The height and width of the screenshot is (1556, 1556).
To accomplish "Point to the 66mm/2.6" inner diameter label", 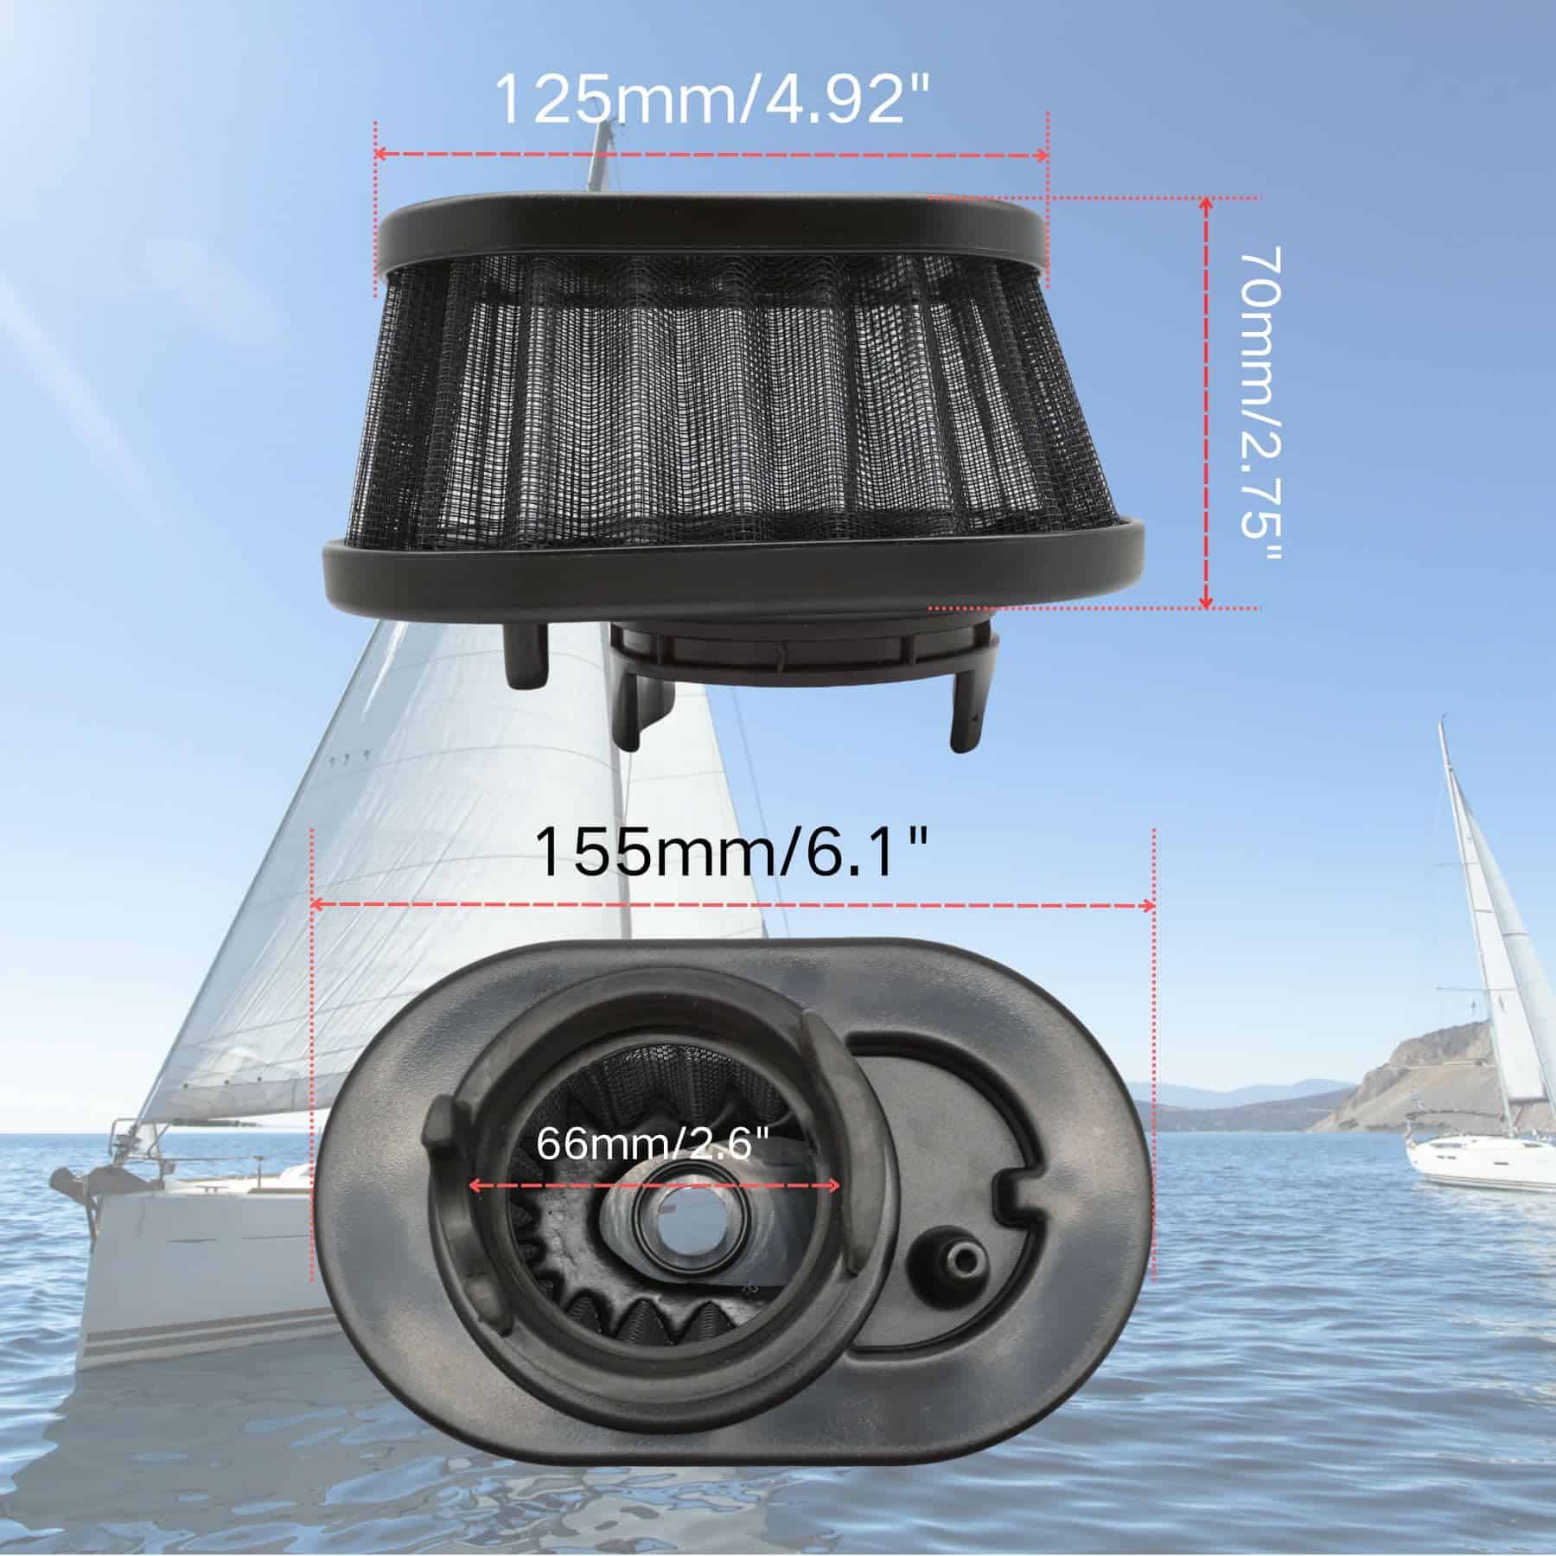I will (x=652, y=1145).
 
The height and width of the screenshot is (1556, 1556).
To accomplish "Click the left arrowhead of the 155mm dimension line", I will (x=316, y=905).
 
